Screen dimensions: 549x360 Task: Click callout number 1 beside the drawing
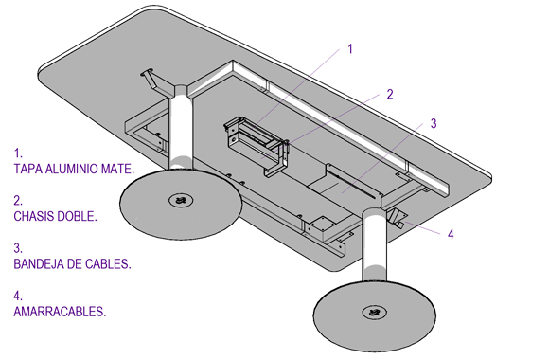[x=350, y=49]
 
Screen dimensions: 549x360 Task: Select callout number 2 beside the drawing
[x=390, y=95]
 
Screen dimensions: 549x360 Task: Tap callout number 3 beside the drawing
[x=434, y=123]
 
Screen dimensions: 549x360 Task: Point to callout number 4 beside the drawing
[x=451, y=234]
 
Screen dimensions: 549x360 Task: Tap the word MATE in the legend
[x=117, y=169]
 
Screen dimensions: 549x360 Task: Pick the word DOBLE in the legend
[x=77, y=216]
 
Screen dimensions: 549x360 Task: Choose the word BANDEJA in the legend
[x=39, y=264]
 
